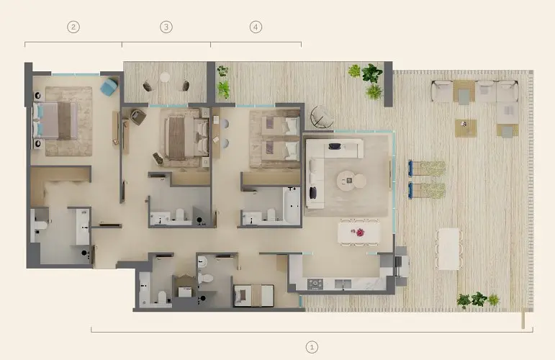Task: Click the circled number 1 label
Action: [312, 347]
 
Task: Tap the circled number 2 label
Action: [73, 27]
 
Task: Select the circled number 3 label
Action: [166, 27]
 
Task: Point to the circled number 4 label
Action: [256, 27]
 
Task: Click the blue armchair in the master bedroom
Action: [109, 87]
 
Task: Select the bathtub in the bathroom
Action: [292, 205]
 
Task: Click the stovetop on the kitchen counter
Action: [315, 284]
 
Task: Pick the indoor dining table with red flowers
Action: [359, 233]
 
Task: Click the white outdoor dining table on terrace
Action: [448, 249]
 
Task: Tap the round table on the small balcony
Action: [165, 77]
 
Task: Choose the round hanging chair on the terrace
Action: [321, 117]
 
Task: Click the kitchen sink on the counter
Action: [343, 284]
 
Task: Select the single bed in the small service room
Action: [254, 296]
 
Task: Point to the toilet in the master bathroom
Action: [40, 225]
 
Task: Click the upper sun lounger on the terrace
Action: [427, 168]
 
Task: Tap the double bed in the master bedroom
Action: [55, 120]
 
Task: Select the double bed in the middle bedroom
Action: [186, 137]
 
